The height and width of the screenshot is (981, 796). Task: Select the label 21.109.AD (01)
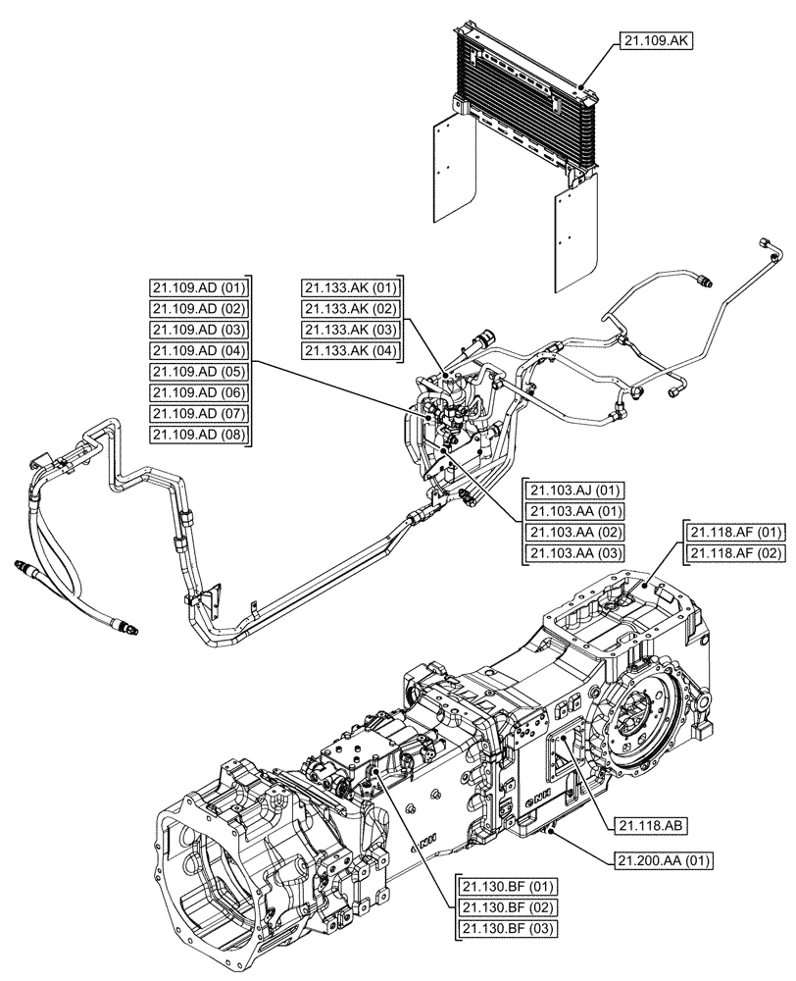(x=199, y=287)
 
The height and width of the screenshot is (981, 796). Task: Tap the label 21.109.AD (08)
(x=199, y=435)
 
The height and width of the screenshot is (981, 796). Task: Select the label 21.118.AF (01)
(x=737, y=533)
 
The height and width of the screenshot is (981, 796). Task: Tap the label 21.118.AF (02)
(x=737, y=554)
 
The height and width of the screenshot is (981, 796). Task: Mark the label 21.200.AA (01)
(x=664, y=861)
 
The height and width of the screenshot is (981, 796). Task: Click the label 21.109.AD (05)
(x=199, y=371)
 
